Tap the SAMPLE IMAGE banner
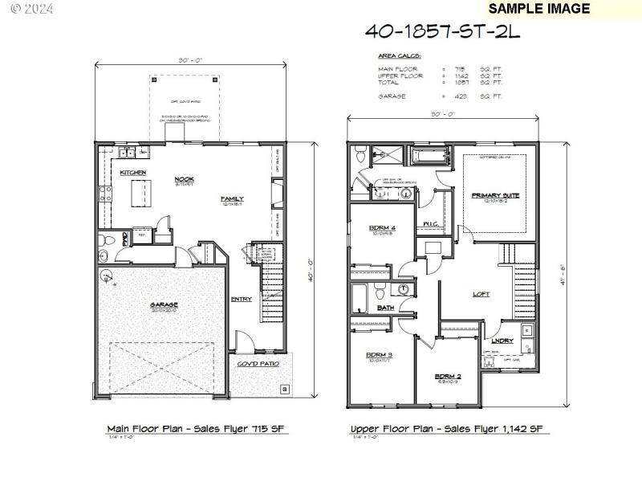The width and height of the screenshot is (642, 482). (x=538, y=9)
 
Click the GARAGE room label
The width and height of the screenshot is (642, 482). (x=163, y=305)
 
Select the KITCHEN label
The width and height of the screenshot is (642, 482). (x=132, y=173)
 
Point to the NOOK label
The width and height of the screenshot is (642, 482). (x=185, y=180)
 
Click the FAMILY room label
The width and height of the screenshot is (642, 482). (x=233, y=198)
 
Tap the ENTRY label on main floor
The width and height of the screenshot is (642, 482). (x=241, y=300)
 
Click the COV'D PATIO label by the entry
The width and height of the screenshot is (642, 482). (x=258, y=363)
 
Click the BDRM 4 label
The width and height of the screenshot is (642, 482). (x=381, y=228)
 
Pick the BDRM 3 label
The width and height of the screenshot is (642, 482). (x=380, y=355)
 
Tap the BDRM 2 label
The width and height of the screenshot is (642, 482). (x=447, y=376)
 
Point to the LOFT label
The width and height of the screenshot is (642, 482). (x=481, y=293)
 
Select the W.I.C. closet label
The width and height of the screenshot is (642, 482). (x=429, y=223)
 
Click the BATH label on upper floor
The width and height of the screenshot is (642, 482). (x=386, y=308)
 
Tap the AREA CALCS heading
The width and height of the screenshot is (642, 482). (x=399, y=56)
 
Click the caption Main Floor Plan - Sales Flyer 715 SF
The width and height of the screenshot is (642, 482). (x=197, y=429)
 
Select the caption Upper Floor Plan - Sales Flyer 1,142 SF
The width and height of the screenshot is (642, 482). (x=449, y=429)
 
